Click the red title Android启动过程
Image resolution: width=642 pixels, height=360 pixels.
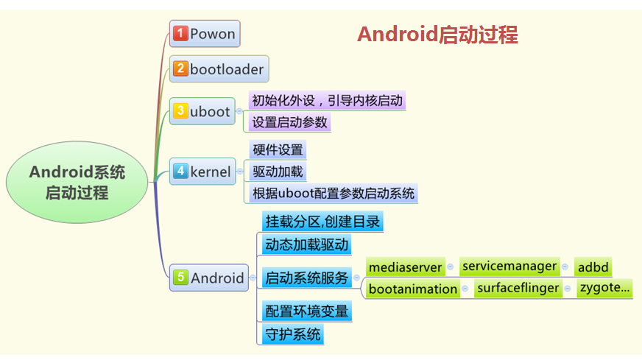click(x=437, y=35)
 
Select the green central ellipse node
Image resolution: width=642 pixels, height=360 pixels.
click(x=77, y=183)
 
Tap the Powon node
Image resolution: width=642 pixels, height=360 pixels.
click(x=205, y=34)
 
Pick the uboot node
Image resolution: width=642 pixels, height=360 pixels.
click(x=202, y=112)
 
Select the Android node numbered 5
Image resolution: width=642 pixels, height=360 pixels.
click(x=209, y=278)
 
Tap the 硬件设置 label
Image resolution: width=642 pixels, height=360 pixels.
click(x=278, y=149)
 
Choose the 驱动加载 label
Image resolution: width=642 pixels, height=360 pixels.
click(x=278, y=172)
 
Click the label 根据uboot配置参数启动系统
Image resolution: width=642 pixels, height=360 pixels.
click(x=334, y=194)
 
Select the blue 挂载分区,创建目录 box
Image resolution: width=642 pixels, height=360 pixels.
click(x=323, y=221)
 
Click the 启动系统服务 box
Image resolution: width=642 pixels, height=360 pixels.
click(x=306, y=278)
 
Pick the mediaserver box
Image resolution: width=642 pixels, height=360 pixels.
click(x=406, y=267)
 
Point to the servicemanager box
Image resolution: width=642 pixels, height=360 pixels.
click(x=509, y=267)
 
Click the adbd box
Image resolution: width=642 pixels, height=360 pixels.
click(x=593, y=267)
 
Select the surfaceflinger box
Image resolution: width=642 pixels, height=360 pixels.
click(x=518, y=289)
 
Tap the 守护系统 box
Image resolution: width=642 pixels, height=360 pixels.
click(x=292, y=333)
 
